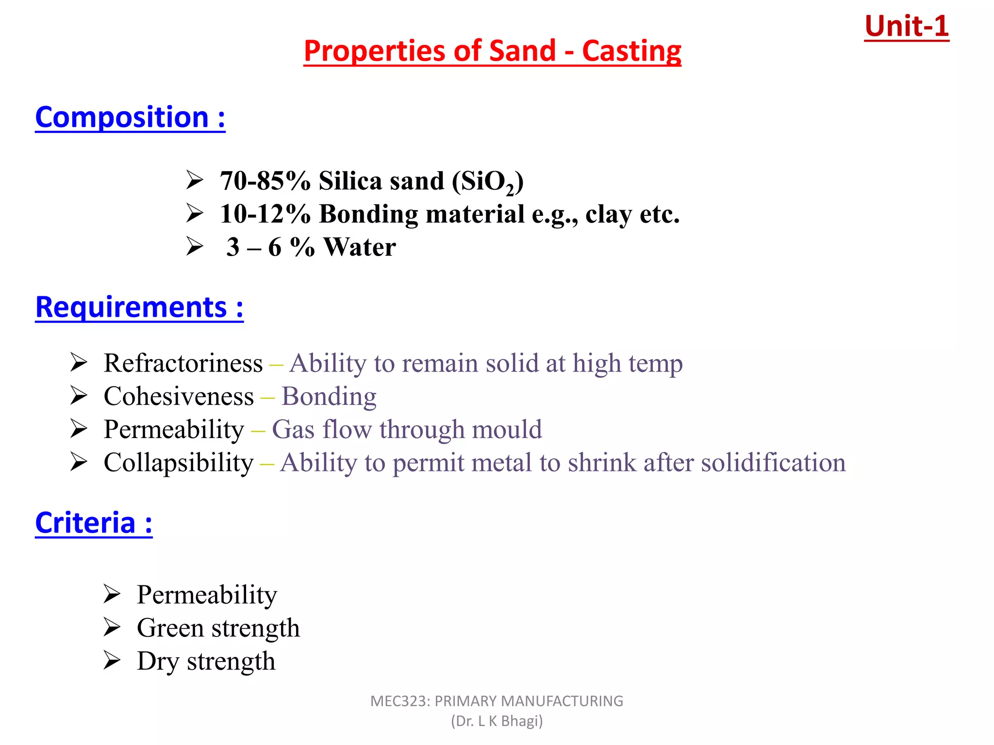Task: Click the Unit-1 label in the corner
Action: pyautogui.click(x=906, y=26)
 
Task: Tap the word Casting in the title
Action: pyautogui.click(x=631, y=51)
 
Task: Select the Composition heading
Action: pyautogui.click(x=130, y=117)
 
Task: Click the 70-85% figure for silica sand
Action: pyautogui.click(x=265, y=181)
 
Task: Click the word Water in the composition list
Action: pyautogui.click(x=360, y=247)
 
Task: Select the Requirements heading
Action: pyautogui.click(x=139, y=308)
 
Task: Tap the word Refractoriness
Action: pyautogui.click(x=183, y=363)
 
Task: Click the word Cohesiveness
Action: pyautogui.click(x=179, y=396)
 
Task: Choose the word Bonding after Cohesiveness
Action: pyautogui.click(x=329, y=396)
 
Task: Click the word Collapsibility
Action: pyautogui.click(x=179, y=463)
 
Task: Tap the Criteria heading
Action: pyautogui.click(x=94, y=523)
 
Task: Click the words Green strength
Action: pyautogui.click(x=218, y=628)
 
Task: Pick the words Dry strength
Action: pyautogui.click(x=206, y=661)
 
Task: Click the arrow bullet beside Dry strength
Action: pyautogui.click(x=112, y=661)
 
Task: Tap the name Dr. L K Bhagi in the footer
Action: pyautogui.click(x=497, y=721)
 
